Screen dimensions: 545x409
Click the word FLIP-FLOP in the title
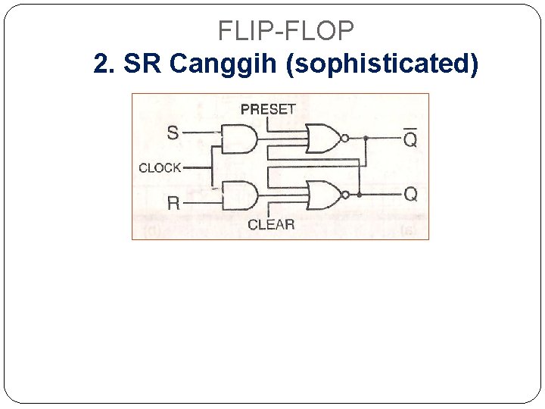tap(285, 30)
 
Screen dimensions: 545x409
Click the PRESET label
tap(268, 109)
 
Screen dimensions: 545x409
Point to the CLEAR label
tap(271, 224)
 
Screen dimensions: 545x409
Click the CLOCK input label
tap(160, 167)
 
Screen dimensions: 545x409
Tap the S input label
tap(173, 133)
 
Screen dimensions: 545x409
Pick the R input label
tap(173, 203)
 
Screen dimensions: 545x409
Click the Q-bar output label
tap(410, 139)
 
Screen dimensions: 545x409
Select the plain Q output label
tap(410, 195)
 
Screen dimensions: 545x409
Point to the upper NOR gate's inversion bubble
tap(344, 139)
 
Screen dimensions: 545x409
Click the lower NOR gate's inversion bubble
tap(344, 195)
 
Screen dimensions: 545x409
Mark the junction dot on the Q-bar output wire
tap(366, 139)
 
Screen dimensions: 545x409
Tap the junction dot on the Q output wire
tap(358, 195)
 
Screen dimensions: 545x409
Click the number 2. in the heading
tap(104, 64)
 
